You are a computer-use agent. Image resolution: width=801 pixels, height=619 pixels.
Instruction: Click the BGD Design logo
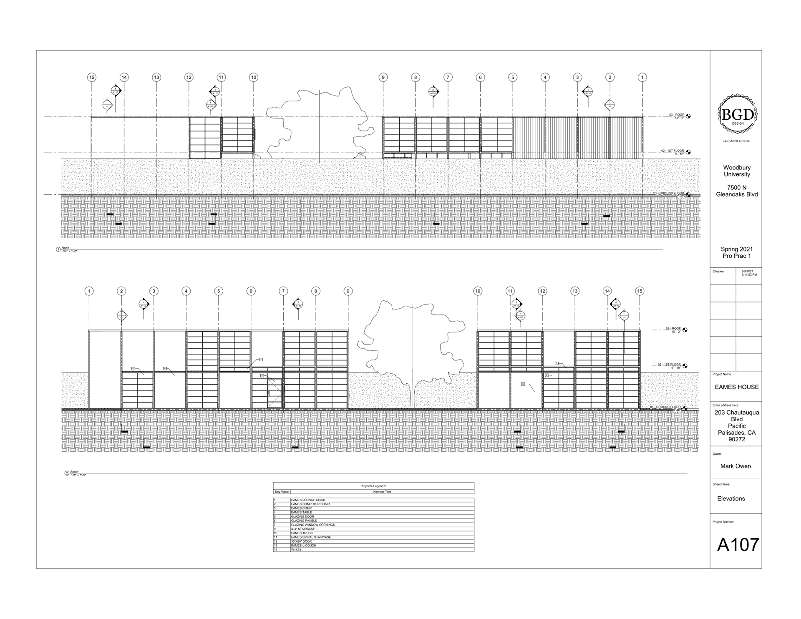tap(737, 115)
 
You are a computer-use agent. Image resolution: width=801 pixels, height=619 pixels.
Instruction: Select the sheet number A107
tap(738, 545)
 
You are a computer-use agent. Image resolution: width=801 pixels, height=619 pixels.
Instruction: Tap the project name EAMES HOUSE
tap(737, 387)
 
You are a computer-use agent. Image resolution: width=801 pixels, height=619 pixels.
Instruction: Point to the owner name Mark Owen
tap(735, 466)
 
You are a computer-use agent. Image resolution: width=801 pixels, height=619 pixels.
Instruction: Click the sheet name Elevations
tap(731, 498)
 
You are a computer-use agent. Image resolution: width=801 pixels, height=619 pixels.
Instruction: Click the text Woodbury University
tap(737, 171)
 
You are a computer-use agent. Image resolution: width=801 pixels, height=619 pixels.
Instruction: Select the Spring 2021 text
tap(737, 249)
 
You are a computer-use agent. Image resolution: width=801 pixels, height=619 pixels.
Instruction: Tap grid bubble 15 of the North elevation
tap(92, 77)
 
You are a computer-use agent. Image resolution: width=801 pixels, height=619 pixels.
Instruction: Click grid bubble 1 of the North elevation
tap(642, 77)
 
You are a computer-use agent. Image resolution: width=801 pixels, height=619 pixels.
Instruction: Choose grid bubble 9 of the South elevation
tap(348, 291)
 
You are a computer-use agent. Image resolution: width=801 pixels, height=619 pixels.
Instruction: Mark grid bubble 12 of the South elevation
tap(542, 291)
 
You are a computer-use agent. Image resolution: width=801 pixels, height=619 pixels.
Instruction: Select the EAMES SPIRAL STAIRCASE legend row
tap(311, 537)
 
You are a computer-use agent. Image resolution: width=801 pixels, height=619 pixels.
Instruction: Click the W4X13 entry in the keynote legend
tap(296, 550)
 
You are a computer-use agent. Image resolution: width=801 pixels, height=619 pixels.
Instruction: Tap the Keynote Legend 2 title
tap(373, 486)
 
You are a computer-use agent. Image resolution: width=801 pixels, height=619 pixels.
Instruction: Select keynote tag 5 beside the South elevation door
tap(262, 376)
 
